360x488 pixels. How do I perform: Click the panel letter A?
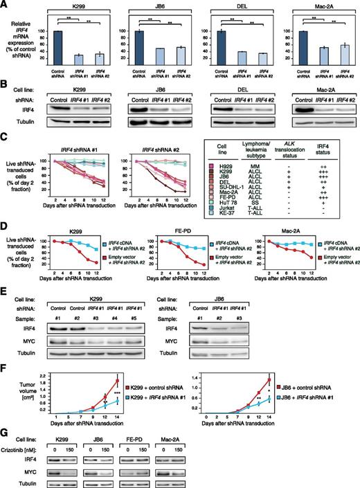pos(5,5)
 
